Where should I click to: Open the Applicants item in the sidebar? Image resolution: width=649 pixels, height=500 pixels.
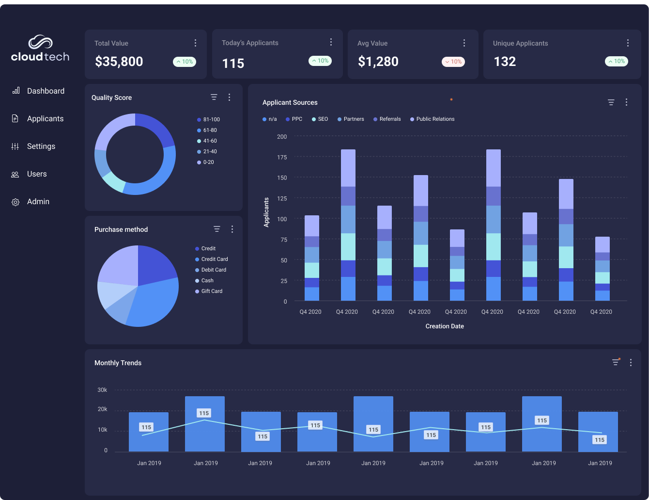pos(45,119)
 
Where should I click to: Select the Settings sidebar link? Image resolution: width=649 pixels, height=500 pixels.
pos(41,146)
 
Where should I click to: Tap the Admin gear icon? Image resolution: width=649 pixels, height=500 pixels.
pos(15,202)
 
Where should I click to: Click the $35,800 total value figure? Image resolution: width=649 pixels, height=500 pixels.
pos(119,62)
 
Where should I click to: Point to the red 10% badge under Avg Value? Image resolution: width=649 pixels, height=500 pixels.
pos(453,62)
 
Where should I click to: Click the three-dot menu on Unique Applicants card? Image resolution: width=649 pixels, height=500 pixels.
pos(628,43)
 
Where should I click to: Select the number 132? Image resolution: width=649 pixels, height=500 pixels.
pos(505,62)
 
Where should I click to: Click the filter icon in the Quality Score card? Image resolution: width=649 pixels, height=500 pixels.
pos(214,97)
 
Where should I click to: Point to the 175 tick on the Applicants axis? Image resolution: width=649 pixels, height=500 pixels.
pos(282,157)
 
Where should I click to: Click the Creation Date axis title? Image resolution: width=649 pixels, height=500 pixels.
pos(445,326)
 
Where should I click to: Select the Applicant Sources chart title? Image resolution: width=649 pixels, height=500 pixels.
pos(290,103)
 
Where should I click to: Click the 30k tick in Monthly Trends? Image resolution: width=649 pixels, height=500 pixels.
pos(102,390)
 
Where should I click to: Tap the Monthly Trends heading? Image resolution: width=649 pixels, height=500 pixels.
pos(118,363)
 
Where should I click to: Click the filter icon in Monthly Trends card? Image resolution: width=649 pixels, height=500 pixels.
pos(615,362)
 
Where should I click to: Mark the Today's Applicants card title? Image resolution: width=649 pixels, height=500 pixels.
pos(250,43)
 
